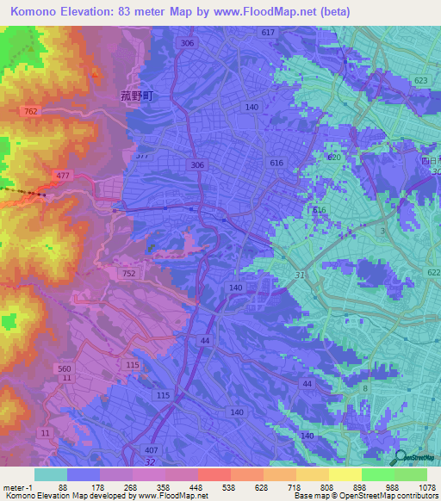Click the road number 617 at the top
coord(267,32)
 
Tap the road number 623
coord(419,80)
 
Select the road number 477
coord(63,175)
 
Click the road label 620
coord(334,158)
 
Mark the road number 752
coord(128,273)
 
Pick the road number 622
coord(432,271)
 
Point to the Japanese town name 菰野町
coord(135,97)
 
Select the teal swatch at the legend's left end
coord(50,474)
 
